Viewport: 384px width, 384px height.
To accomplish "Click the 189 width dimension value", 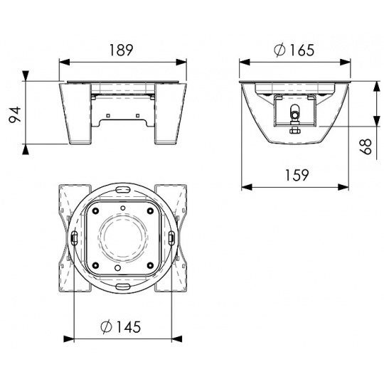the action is [121, 50].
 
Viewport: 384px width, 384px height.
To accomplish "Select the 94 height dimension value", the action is [16, 114].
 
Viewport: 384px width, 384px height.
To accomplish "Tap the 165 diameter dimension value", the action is [302, 50].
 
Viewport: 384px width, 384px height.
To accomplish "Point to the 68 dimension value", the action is [366, 146].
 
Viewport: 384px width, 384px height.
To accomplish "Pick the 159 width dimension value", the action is [297, 175].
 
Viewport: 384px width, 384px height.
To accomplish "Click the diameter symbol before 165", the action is [280, 50].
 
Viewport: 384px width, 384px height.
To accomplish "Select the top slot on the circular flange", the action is [123, 190].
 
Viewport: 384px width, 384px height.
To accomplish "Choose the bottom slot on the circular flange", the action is [122, 286].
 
